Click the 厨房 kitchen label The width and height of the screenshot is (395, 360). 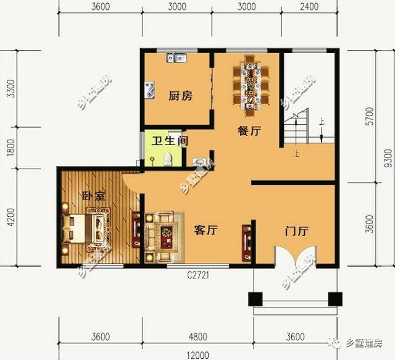[x=180, y=96]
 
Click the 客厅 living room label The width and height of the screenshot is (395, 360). [x=207, y=230]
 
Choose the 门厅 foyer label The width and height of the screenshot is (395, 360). [x=296, y=232]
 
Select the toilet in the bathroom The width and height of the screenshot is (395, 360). [x=166, y=160]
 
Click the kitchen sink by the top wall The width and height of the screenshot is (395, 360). [x=176, y=59]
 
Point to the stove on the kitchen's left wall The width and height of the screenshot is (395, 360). [x=150, y=91]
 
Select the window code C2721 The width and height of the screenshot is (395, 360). [x=199, y=275]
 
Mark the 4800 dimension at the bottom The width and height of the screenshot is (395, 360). [x=197, y=337]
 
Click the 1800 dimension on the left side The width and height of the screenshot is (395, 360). [x=9, y=149]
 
